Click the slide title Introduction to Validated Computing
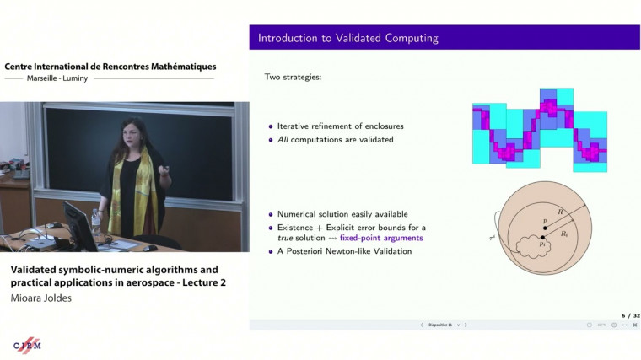point(347,38)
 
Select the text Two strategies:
point(293,77)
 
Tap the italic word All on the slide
point(283,139)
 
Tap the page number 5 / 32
point(630,315)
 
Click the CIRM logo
point(28,346)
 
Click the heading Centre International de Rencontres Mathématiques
point(110,66)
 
